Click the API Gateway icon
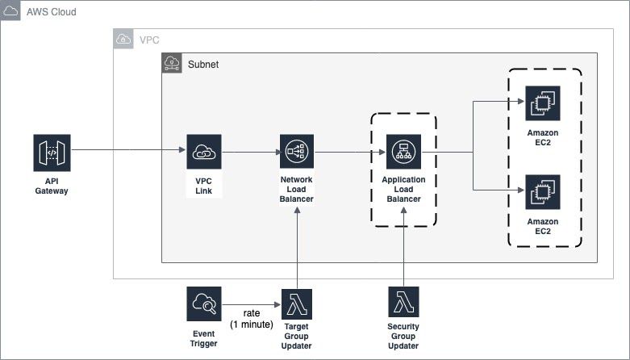click(x=51, y=153)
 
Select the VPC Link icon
click(x=203, y=152)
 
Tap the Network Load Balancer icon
click(x=297, y=152)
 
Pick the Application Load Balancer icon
click(x=403, y=152)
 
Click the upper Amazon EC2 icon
click(x=542, y=104)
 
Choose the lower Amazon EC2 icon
click(x=542, y=192)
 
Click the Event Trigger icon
click(x=203, y=304)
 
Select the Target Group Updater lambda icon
click(x=297, y=304)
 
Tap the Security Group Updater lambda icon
click(x=403, y=304)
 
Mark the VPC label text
click(x=150, y=40)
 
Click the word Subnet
click(x=203, y=64)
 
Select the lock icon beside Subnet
click(x=172, y=64)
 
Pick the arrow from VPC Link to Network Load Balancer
click(x=250, y=152)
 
